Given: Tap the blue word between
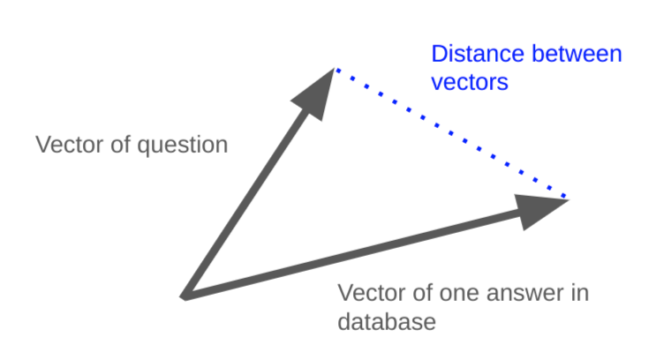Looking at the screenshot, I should coord(579,55).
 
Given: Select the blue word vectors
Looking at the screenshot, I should coord(470,82).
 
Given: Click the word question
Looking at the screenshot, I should coord(185,144).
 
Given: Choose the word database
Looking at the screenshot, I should coord(387,321).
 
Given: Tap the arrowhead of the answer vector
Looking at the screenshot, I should coord(540,208).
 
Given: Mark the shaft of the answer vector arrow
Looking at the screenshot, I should coord(353,251).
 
